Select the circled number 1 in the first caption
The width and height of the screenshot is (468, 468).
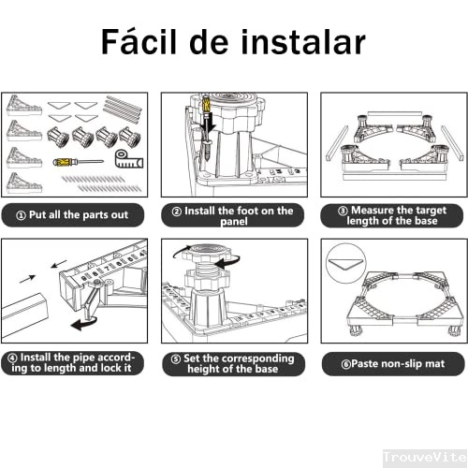[x=21, y=215]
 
